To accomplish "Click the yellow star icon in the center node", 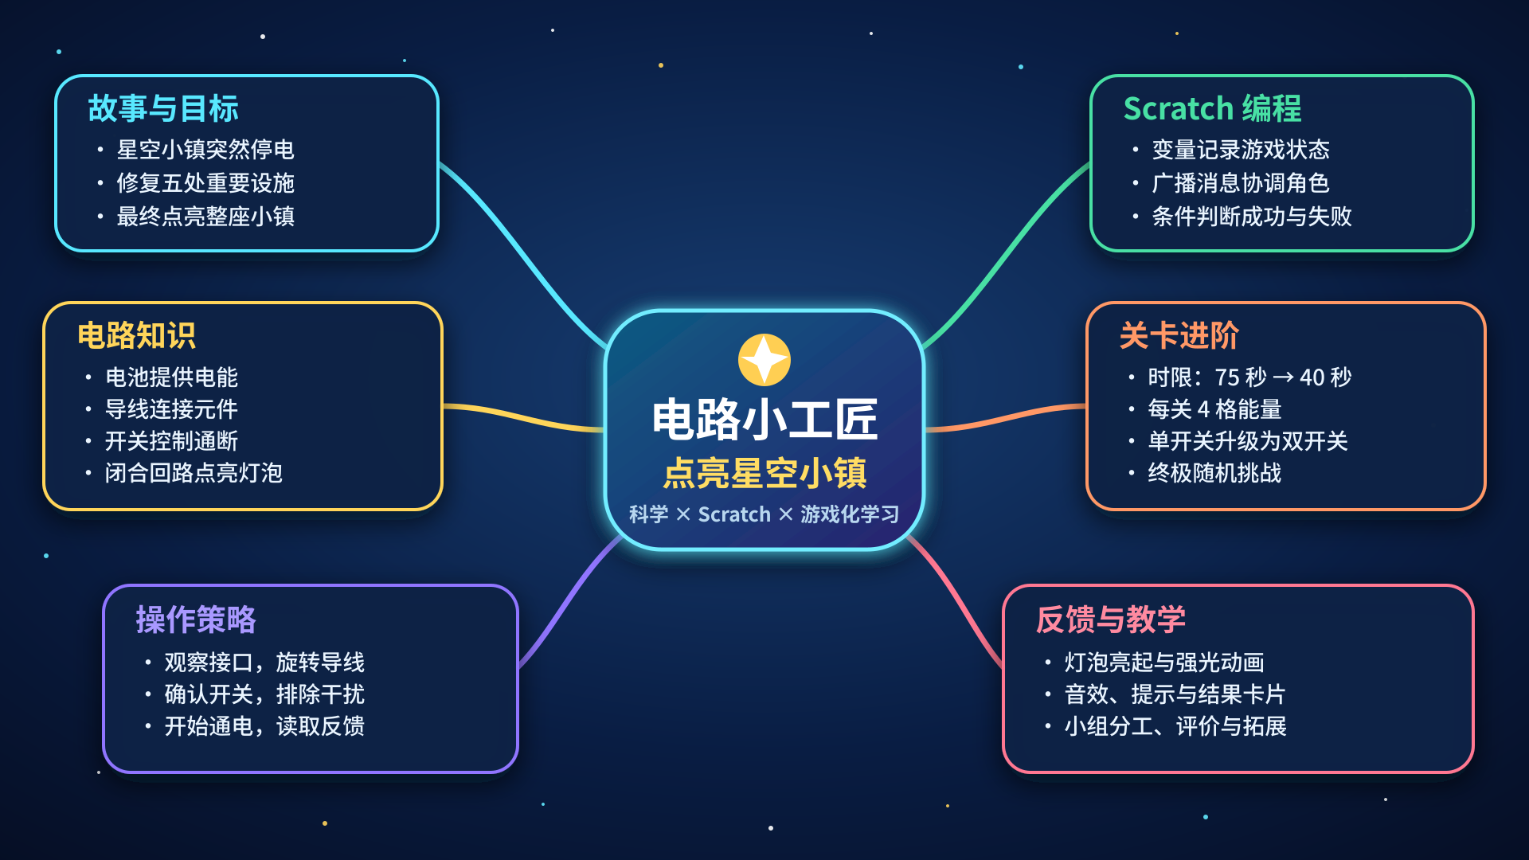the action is coord(764,360).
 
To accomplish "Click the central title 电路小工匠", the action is coord(764,420).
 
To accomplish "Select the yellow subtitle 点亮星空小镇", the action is coord(764,473).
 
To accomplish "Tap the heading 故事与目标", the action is coord(163,108).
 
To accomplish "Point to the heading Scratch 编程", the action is coord(1212,108).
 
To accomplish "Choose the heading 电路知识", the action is coord(136,335).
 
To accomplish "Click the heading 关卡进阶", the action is coord(1179,335).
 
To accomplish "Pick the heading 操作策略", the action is coord(196,620).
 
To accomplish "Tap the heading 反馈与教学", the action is coord(1111,620).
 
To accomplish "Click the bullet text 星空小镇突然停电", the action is coord(205,150).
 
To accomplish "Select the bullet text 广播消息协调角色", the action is coord(1241,183).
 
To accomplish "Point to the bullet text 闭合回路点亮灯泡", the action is coord(194,473).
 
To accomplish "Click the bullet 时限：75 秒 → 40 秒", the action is coord(1249,377).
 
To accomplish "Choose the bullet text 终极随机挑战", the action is coord(1214,473).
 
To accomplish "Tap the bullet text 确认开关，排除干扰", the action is coord(264,694).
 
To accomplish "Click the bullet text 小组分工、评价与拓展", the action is coord(1175,726).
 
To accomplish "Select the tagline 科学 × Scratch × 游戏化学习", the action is coord(764,514).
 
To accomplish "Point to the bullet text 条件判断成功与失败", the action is coord(1252,217).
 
